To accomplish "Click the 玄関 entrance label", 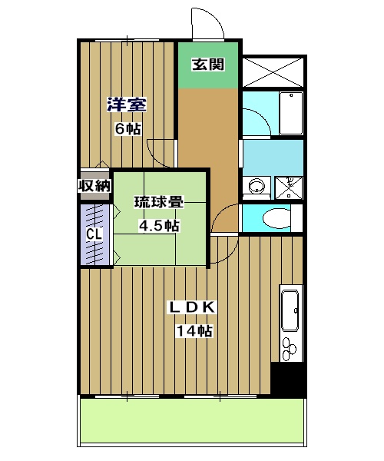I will [208, 65].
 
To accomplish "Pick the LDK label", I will [194, 308].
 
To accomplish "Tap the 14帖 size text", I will [194, 331].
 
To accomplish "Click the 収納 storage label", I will [94, 186].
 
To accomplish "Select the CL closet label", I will [93, 234].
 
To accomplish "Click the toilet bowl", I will [276, 219].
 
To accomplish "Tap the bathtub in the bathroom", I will [290, 114].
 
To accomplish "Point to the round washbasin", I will [256, 186].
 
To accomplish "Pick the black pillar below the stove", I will [288, 380].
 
